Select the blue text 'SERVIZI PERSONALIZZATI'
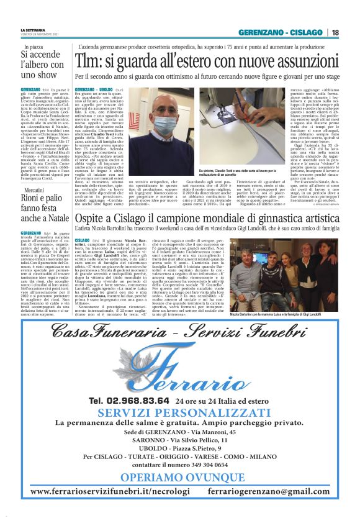pyautogui.click(x=180, y=414)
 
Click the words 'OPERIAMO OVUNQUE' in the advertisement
pyautogui.click(x=180, y=478)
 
